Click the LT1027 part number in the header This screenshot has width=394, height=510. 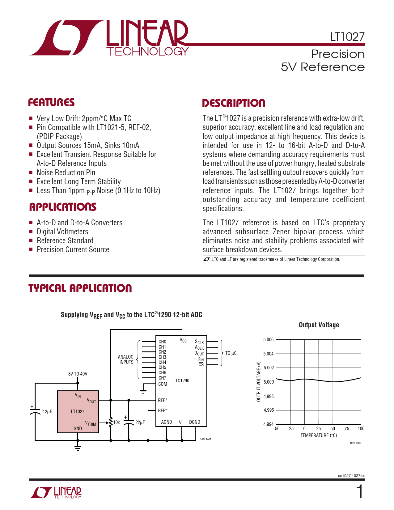coord(347,37)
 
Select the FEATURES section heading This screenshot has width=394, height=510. coord(51,103)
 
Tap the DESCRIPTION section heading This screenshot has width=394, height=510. coord(234,103)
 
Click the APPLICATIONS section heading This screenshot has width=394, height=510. coord(63,207)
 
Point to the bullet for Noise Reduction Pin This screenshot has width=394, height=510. coord(31,172)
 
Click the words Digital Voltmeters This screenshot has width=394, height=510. coord(62,232)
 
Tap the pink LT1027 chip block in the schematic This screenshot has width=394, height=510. coord(78,412)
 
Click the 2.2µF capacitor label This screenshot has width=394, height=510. coord(46,411)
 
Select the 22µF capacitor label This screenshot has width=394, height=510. coord(140,422)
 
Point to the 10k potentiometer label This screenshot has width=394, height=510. coord(117,422)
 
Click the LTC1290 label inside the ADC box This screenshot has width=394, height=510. coord(181,380)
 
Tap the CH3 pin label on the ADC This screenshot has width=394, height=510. coord(162,357)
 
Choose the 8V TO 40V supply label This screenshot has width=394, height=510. coord(78,374)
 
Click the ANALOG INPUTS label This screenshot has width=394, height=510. coord(126,359)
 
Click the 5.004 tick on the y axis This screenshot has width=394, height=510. coord(268,354)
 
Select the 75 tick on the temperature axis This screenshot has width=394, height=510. coord(347,429)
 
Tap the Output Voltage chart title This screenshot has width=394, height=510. coord(319,325)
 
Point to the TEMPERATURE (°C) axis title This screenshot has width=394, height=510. coord(319,436)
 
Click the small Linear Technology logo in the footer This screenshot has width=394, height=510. coord(55,492)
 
